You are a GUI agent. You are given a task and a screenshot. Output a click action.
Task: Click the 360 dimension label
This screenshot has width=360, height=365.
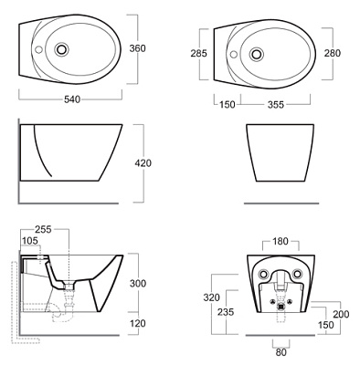[137, 48]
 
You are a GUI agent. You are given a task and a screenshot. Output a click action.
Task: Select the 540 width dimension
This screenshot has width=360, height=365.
[72, 99]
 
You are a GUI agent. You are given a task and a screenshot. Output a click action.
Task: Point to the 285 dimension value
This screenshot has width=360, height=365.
[198, 53]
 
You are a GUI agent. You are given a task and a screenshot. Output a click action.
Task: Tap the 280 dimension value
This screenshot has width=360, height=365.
[333, 53]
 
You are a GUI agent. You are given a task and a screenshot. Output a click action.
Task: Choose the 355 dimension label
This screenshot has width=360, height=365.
[276, 105]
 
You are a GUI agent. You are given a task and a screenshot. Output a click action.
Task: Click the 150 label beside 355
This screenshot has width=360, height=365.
[228, 105]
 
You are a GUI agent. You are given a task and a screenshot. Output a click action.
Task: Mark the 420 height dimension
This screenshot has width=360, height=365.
[143, 163]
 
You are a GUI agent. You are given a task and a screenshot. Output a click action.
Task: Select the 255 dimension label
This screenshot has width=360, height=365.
[43, 229]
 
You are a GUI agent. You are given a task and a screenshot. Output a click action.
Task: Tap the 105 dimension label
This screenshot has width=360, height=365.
[30, 241]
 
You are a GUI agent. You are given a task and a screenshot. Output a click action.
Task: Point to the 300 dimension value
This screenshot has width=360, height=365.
[138, 284]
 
